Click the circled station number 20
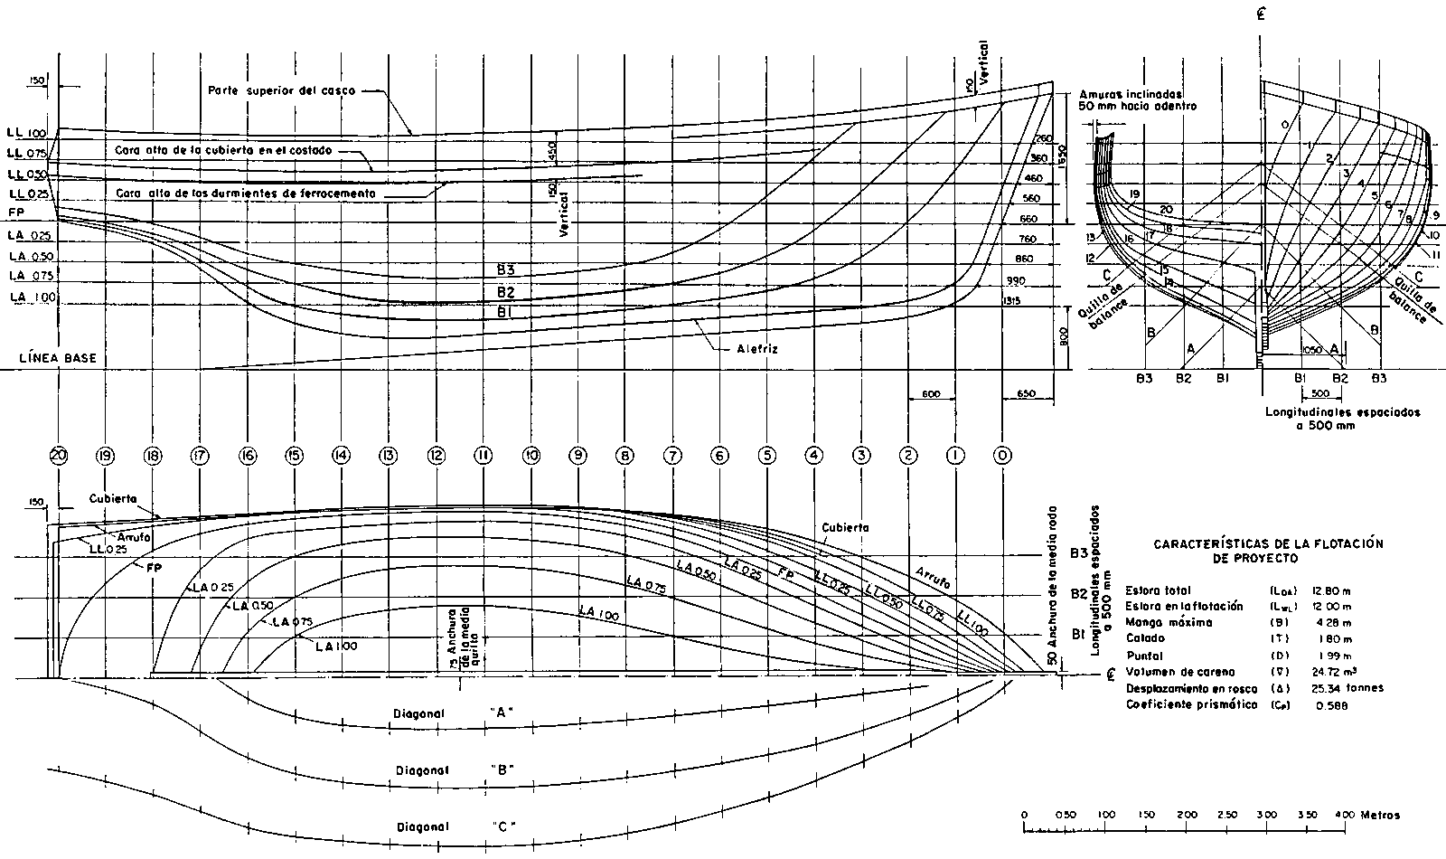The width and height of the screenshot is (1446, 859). coord(59,457)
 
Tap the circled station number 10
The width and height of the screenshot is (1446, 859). coord(531,456)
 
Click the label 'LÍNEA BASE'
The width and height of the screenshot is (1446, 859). coord(58,358)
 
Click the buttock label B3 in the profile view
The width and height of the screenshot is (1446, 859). coord(505,269)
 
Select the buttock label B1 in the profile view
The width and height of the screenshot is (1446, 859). coord(505,313)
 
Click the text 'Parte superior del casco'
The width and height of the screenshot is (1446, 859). coord(282,91)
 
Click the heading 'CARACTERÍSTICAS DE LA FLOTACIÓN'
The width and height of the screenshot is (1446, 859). coord(1256,544)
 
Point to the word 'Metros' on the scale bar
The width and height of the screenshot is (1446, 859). coord(1380,815)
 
